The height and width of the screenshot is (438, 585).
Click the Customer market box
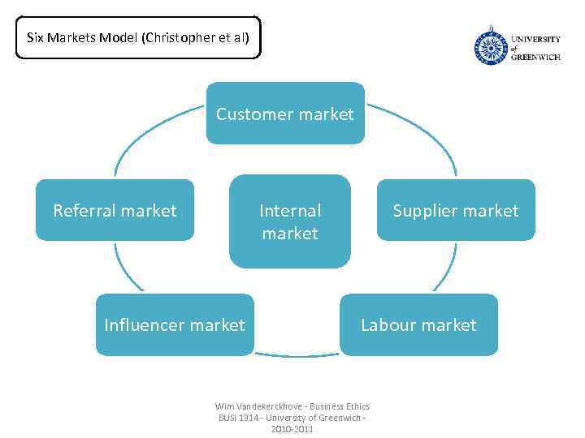(x=284, y=114)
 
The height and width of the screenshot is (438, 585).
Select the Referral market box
(x=115, y=210)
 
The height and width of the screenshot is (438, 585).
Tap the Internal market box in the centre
(x=289, y=221)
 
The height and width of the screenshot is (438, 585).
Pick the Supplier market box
(x=455, y=210)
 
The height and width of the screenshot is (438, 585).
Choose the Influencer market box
(x=174, y=324)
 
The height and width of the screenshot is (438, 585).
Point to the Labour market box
(x=418, y=324)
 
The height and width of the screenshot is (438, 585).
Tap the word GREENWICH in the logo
(x=535, y=58)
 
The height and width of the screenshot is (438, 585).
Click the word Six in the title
(x=35, y=37)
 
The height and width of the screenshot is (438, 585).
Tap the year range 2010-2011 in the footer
(x=292, y=428)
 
